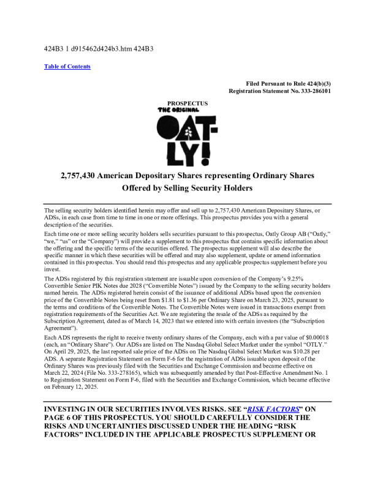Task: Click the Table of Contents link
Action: (x=67, y=66)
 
